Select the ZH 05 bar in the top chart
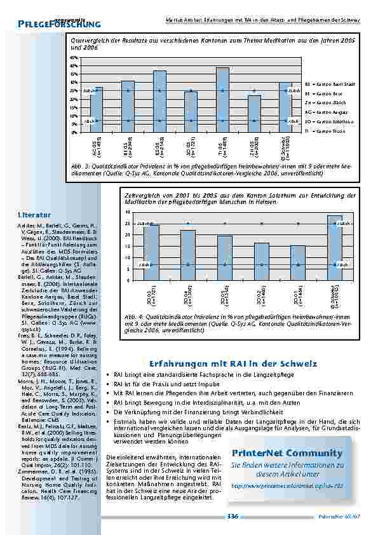click(x=254, y=114)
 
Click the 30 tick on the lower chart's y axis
click(x=128, y=212)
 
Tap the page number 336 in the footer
click(x=233, y=517)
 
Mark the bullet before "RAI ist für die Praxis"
click(x=109, y=385)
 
